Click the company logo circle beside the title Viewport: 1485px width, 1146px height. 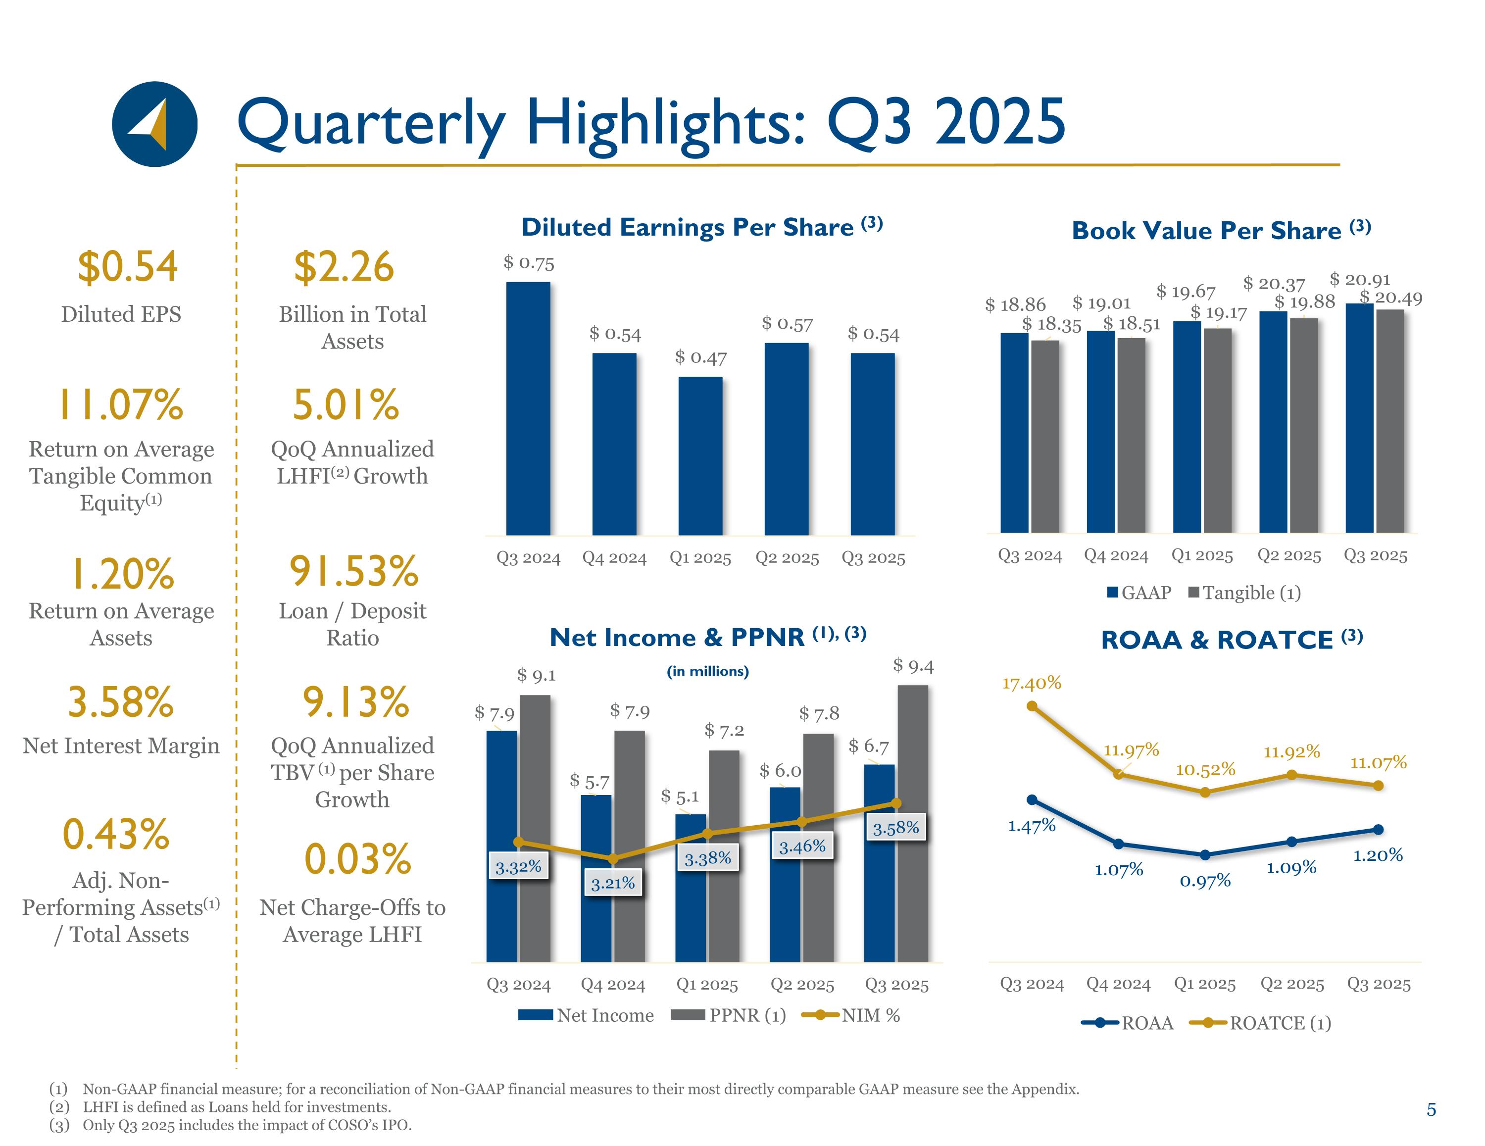tap(154, 124)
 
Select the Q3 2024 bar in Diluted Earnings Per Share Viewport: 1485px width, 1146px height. tap(528, 408)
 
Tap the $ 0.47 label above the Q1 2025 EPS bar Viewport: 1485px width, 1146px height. tap(700, 357)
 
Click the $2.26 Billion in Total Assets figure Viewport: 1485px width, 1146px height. tap(344, 267)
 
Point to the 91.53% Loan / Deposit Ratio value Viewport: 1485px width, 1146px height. tap(353, 571)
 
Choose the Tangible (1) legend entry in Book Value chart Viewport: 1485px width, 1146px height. tap(1244, 593)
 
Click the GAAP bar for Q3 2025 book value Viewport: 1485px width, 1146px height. tap(1359, 418)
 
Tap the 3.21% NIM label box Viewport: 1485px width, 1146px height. tap(613, 883)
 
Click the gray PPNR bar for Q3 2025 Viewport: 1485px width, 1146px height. tap(912, 823)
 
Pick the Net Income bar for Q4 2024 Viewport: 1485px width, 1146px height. tap(595, 877)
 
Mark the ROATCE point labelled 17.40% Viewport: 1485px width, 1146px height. tap(1032, 706)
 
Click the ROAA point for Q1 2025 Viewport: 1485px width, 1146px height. tap(1205, 855)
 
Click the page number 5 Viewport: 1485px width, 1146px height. tap(1431, 1110)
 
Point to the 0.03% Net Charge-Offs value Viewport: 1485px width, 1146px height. tap(358, 860)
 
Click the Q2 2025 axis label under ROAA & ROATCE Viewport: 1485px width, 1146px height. tap(1292, 984)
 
